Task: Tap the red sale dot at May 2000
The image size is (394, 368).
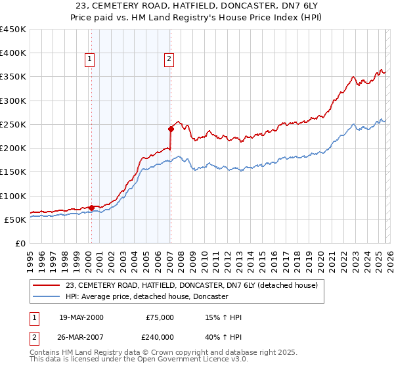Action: [91, 208]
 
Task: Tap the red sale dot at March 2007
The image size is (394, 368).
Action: [171, 129]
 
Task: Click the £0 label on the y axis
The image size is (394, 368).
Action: [21, 243]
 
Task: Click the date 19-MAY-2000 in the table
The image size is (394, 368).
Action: [81, 317]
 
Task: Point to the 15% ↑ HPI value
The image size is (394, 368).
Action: [223, 317]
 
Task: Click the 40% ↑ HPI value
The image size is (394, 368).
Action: [223, 336]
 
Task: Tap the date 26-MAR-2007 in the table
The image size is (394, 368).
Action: [81, 336]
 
